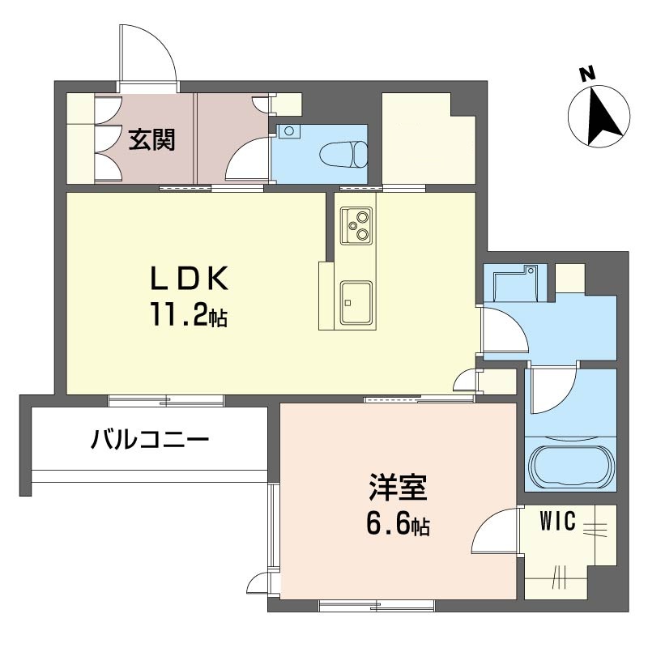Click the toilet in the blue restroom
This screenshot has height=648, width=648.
[343, 155]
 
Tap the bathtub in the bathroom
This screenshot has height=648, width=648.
[570, 467]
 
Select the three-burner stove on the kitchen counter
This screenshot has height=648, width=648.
[356, 226]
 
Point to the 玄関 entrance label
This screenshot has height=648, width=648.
[152, 139]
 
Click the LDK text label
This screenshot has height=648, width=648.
[189, 279]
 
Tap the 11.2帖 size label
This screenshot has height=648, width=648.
[189, 315]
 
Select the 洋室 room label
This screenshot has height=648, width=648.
[398, 488]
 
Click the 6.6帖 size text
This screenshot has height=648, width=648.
[398, 524]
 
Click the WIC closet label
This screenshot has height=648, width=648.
[558, 521]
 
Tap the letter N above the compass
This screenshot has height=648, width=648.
[586, 74]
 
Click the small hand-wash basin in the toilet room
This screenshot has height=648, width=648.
[289, 131]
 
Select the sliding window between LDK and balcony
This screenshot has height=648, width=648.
[166, 400]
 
